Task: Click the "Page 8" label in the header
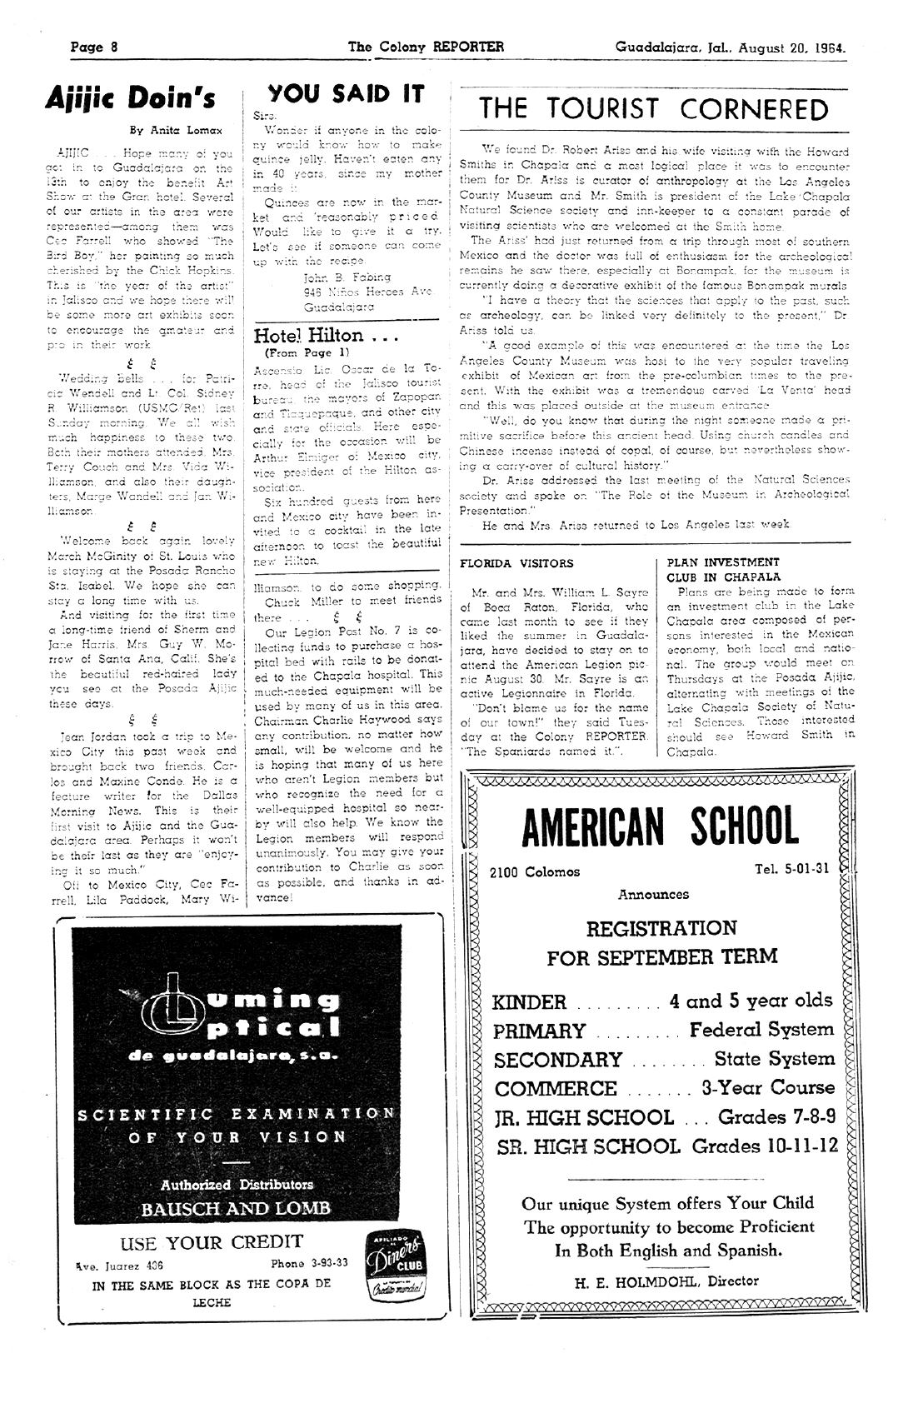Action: [93, 47]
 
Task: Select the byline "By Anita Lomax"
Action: [176, 131]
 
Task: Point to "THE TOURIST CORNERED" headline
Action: [654, 109]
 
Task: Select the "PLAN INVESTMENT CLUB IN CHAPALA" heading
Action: [723, 569]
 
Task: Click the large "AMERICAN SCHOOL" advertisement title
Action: [660, 827]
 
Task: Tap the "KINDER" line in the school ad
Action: [530, 1001]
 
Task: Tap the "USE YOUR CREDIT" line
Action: [212, 1242]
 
